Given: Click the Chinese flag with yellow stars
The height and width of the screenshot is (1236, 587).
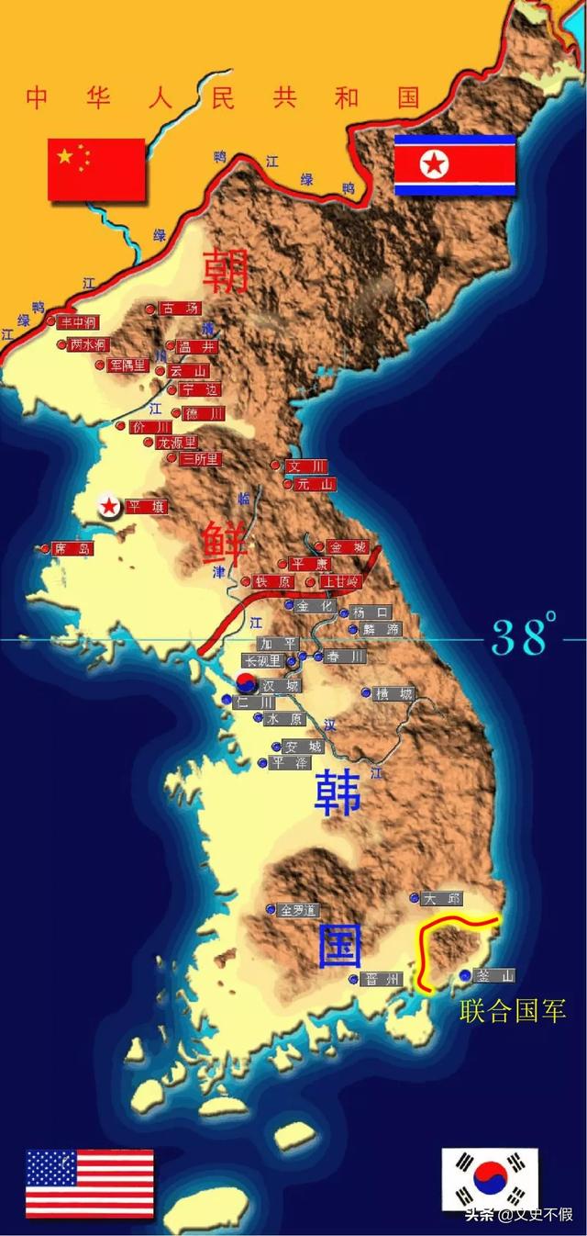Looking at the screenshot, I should (96, 169).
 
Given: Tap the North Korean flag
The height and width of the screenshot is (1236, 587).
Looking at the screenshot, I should (455, 165).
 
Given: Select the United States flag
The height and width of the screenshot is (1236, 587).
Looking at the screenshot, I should (90, 1184).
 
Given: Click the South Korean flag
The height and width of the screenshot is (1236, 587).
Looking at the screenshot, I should (490, 1179).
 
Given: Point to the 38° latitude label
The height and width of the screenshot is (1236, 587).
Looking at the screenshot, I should (525, 636).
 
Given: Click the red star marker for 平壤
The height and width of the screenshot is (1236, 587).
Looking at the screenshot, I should (108, 505).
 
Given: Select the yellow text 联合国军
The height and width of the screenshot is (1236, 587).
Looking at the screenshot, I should (512, 1012).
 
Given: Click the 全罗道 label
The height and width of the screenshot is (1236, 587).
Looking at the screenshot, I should (298, 910).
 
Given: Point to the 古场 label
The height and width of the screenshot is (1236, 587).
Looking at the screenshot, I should (179, 309).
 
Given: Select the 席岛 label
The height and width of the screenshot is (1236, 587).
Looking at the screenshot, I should (73, 548).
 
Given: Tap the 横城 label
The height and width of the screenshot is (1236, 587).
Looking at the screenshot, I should (394, 693).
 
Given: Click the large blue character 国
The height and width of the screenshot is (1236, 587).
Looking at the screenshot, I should (339, 947).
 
